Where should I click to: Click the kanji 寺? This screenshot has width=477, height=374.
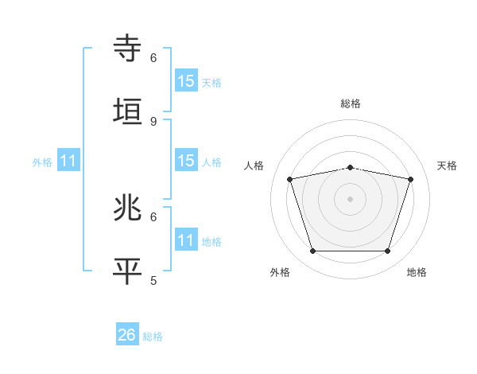(128, 49)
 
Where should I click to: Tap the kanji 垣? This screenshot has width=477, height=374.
(128, 111)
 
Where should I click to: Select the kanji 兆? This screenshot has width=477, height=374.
(128, 208)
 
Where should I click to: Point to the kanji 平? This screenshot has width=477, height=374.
(128, 270)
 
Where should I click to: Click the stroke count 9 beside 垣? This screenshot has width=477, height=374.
(153, 121)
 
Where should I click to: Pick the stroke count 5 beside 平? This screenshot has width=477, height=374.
(153, 280)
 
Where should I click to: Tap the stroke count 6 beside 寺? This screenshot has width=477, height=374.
(153, 58)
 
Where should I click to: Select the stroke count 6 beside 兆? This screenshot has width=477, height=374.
(153, 216)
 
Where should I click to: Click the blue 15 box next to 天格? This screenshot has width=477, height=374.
(185, 81)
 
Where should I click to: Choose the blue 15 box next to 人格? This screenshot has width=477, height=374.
(185, 161)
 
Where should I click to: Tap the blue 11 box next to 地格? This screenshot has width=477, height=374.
(185, 240)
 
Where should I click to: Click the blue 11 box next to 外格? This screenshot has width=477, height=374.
(68, 161)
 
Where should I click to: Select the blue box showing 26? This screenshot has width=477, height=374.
(126, 335)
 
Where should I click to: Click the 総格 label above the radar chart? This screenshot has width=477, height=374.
(351, 103)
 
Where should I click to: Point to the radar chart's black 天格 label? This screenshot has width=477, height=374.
(447, 166)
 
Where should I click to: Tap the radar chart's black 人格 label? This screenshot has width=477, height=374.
(254, 166)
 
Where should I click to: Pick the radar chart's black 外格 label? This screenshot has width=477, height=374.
(280, 272)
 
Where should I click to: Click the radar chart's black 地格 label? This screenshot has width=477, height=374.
(417, 272)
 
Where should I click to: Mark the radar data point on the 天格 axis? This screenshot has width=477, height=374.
(410, 180)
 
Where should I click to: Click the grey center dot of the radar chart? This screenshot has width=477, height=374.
(350, 198)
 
